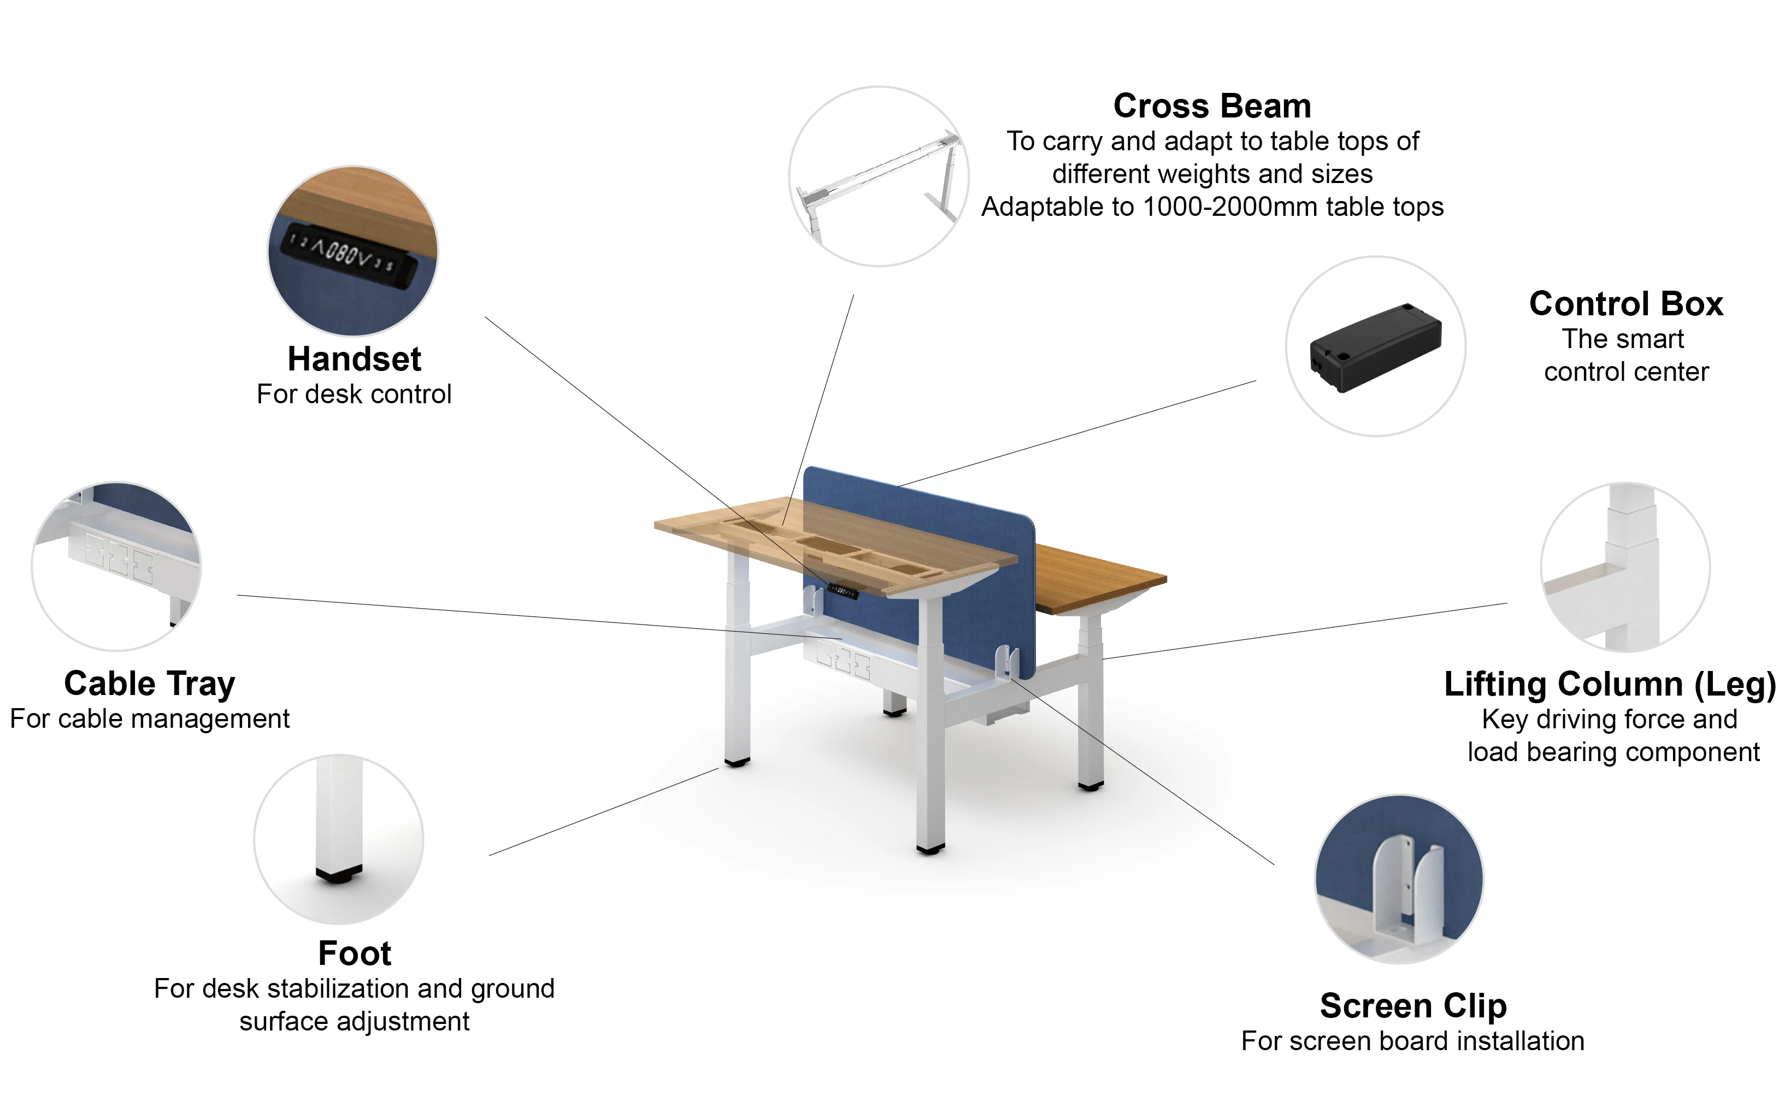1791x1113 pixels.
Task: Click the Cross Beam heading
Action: pyautogui.click(x=1212, y=106)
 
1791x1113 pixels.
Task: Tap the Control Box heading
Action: pyautogui.click(x=1625, y=303)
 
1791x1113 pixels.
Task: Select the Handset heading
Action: pyautogui.click(x=354, y=359)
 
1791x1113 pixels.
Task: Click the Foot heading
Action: pyautogui.click(x=354, y=953)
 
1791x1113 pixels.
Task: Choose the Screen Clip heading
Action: pyautogui.click(x=1412, y=1005)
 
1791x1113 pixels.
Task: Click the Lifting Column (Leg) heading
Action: pyautogui.click(x=1609, y=684)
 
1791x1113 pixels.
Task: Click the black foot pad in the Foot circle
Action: pyautogui.click(x=339, y=875)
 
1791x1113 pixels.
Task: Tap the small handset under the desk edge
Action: pyautogui.click(x=844, y=590)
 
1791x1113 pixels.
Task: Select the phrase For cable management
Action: pyautogui.click(x=150, y=719)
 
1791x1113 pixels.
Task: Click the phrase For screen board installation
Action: pyautogui.click(x=1412, y=1041)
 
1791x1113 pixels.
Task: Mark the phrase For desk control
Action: pyautogui.click(x=354, y=394)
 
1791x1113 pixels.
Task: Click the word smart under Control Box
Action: pyautogui.click(x=1647, y=339)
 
